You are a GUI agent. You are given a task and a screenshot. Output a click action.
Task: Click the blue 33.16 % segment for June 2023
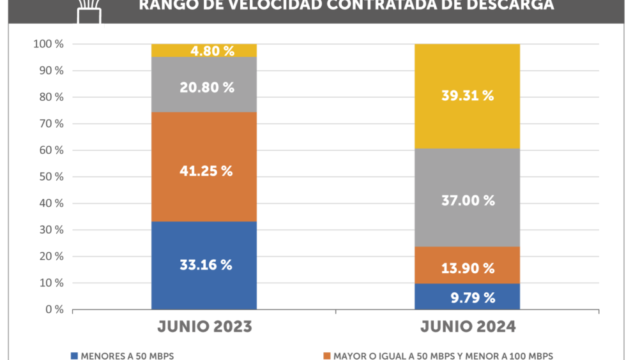click(204, 266)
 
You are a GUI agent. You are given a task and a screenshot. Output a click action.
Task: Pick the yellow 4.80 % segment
click(204, 50)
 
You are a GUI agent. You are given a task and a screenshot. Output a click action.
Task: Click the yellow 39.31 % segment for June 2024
click(468, 96)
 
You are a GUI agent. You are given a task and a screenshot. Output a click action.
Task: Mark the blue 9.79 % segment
click(468, 297)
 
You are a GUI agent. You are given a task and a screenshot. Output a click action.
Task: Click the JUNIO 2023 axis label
click(204, 327)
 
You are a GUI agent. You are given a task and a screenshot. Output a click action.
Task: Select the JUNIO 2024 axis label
click(468, 327)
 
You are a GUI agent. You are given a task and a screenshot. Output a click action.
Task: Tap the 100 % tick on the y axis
click(49, 44)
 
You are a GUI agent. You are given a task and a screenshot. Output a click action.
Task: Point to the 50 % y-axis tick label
click(51, 177)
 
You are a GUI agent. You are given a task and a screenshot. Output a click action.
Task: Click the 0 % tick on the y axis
click(54, 310)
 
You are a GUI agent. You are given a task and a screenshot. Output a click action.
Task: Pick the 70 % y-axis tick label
click(51, 124)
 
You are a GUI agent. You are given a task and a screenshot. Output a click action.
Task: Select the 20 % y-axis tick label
click(51, 257)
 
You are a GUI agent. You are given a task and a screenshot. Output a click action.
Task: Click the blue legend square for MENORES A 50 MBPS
click(74, 356)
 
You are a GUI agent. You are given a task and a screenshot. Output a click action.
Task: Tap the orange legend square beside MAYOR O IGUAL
click(327, 356)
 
